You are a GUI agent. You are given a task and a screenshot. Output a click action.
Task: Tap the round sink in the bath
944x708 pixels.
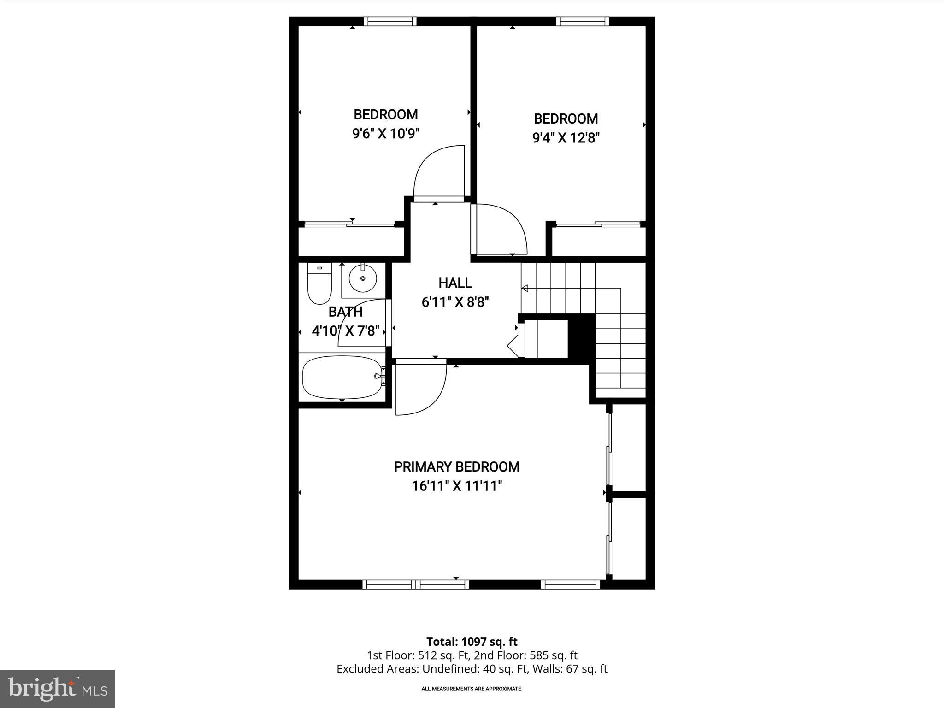(x=363, y=278)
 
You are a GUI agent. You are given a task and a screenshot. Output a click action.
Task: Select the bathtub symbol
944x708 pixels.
(x=342, y=377)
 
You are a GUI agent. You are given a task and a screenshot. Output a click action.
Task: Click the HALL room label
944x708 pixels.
(x=455, y=283)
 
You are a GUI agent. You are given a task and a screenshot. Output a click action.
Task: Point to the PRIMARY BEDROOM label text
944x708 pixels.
(x=456, y=467)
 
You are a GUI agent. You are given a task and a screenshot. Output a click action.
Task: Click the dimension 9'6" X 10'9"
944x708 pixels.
(x=386, y=134)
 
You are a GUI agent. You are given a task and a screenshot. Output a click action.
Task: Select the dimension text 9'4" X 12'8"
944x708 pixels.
(x=566, y=138)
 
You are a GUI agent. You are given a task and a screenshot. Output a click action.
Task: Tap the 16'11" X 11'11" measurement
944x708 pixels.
(x=456, y=486)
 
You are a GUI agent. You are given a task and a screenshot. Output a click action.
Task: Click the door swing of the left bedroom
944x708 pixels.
(x=438, y=171)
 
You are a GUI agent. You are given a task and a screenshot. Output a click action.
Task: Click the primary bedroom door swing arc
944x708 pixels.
(x=422, y=389)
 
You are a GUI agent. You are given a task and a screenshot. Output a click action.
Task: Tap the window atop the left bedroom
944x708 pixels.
(x=390, y=21)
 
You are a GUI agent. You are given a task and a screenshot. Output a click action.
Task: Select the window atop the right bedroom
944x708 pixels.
(x=582, y=21)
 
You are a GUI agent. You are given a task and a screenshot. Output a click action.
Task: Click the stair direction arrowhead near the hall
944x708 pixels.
(x=524, y=289)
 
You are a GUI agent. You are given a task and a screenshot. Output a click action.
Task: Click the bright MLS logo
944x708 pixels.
(x=58, y=689)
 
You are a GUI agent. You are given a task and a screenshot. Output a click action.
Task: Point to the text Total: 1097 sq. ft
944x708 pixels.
(x=472, y=642)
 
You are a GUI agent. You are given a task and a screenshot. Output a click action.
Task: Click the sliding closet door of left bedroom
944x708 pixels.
(x=349, y=224)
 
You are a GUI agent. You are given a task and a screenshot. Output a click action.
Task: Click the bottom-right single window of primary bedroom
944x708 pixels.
(x=570, y=584)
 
